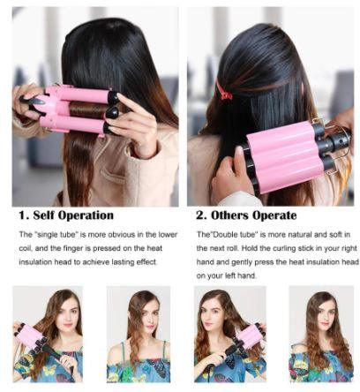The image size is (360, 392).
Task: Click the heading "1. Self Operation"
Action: pyautogui.click(x=66, y=215)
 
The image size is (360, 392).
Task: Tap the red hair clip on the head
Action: pyautogui.click(x=225, y=91)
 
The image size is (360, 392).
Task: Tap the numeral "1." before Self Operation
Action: pyautogui.click(x=24, y=215)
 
